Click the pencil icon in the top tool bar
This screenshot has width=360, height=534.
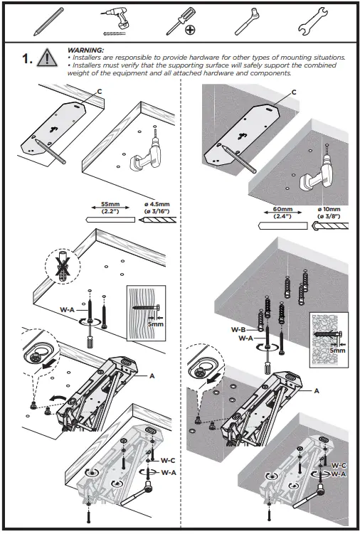(43, 21)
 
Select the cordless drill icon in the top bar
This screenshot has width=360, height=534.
(112, 21)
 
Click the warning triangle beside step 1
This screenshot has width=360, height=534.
(47, 59)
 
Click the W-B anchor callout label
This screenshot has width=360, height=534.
(239, 329)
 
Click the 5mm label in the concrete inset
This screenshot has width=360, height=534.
(337, 351)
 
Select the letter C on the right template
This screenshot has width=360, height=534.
(295, 92)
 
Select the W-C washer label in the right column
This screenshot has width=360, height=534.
(337, 465)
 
